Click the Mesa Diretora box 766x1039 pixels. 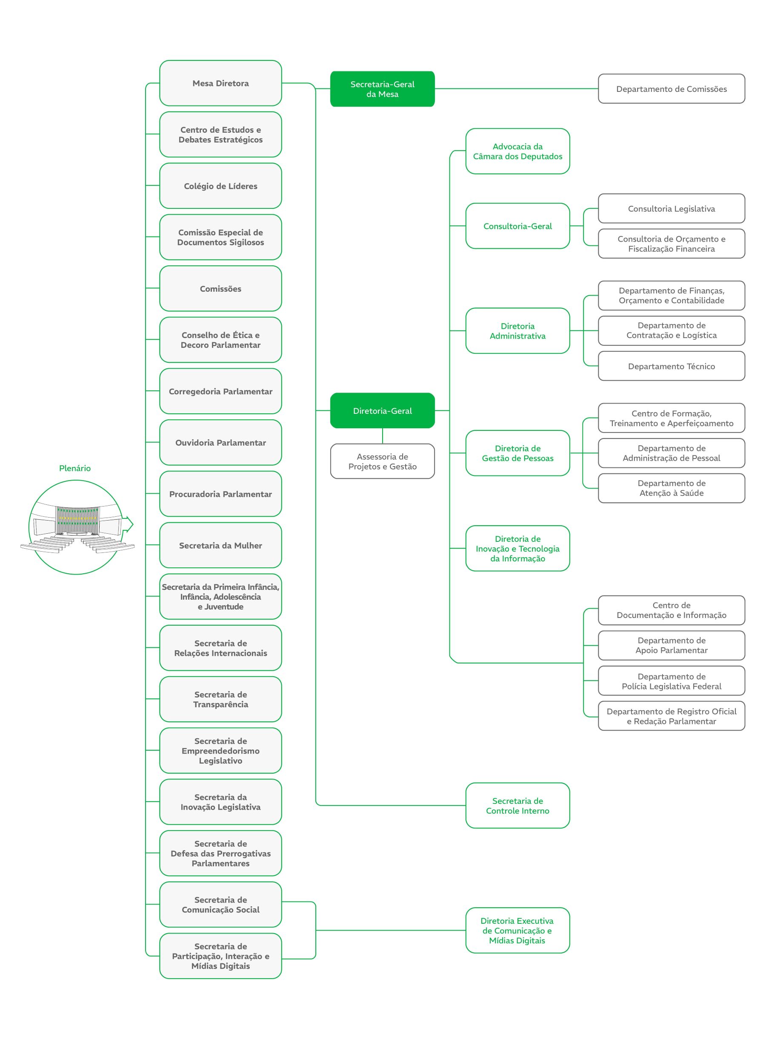tap(220, 83)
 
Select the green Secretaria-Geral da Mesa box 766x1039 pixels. tap(382, 89)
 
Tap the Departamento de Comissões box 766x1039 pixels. tap(672, 88)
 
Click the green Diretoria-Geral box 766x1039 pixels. tap(382, 410)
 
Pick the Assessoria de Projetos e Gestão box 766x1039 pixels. tap(382, 461)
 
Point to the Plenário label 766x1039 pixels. tap(74, 468)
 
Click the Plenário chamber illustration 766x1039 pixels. tap(77, 527)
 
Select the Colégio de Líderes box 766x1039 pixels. tap(220, 186)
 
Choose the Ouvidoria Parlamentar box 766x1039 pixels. tap(220, 443)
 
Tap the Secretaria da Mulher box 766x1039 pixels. tap(220, 546)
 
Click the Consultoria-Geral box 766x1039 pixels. tap(517, 226)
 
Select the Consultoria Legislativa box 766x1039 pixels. tap(672, 208)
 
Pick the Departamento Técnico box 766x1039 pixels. tap(672, 366)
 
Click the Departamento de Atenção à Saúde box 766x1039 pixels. tap(672, 488)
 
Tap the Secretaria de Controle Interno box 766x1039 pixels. tap(517, 806)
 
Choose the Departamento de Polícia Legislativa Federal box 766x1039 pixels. tap(672, 681)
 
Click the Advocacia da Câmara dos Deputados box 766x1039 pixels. tap(517, 151)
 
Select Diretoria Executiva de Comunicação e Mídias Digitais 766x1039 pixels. tap(517, 931)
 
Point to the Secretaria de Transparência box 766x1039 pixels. tap(220, 699)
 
